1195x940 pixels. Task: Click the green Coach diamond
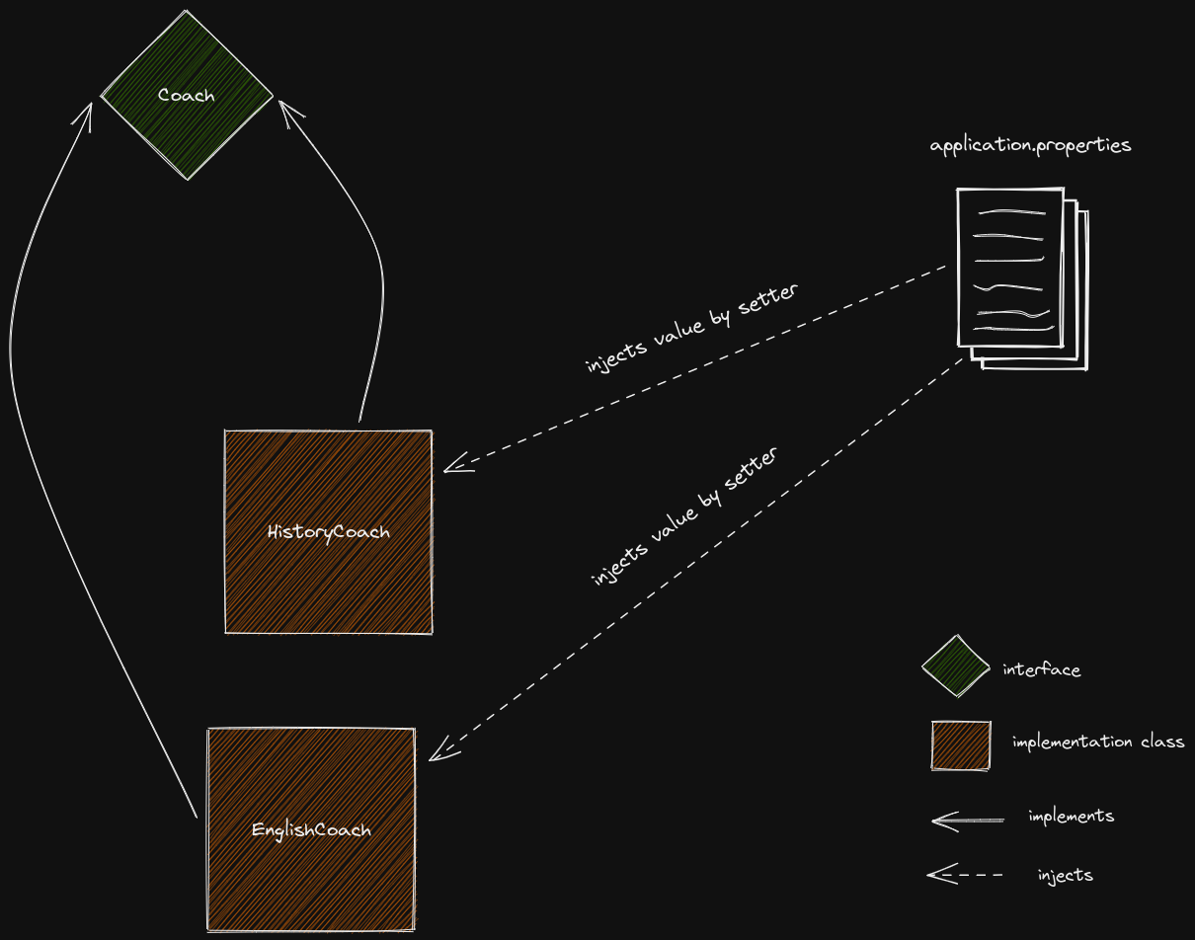tap(187, 128)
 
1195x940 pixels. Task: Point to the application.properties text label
tap(1030, 145)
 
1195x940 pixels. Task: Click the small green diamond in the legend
tap(955, 666)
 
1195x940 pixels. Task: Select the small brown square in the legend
tap(961, 744)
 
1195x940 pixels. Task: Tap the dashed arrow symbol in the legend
tap(966, 875)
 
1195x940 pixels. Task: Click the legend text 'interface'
tap(1041, 669)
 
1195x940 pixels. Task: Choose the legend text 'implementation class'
tap(1097, 742)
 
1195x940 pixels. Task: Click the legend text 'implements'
tap(1071, 817)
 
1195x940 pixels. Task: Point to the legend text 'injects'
tap(1065, 875)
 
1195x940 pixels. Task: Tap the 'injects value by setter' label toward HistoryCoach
tap(691, 329)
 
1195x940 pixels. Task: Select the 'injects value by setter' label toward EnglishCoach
tap(684, 516)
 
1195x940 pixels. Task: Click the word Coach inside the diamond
tap(186, 96)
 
